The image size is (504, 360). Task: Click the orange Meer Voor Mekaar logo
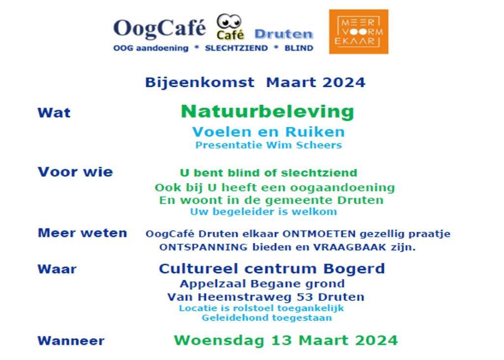(358, 32)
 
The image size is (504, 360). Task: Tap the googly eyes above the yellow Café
(229, 22)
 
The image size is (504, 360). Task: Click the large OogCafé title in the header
(159, 28)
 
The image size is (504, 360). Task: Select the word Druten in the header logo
(283, 34)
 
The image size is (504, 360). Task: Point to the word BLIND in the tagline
(299, 48)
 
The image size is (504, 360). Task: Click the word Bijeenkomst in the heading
(200, 82)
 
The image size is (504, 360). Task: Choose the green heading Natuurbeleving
(267, 111)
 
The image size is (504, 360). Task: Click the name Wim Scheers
(304, 145)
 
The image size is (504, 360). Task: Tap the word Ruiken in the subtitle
(315, 132)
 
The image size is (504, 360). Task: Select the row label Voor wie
(75, 172)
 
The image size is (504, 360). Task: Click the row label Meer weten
(82, 232)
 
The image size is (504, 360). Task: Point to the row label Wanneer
(71, 341)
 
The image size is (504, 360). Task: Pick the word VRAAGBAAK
(350, 247)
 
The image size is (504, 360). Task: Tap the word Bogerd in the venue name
(354, 268)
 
